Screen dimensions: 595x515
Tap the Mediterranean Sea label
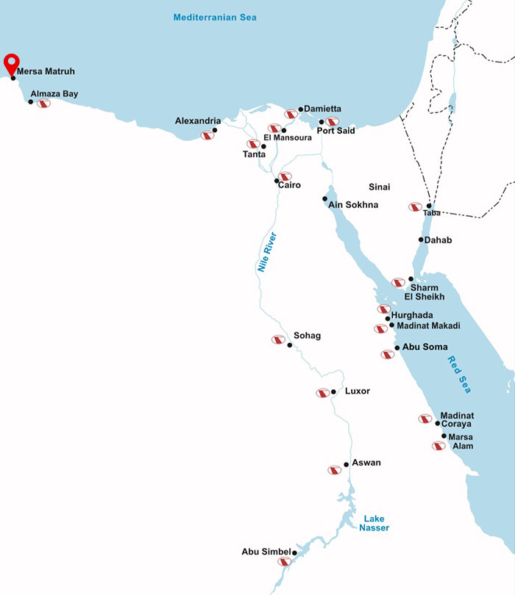215,17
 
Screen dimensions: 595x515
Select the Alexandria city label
197,120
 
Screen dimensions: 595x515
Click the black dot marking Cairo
277,180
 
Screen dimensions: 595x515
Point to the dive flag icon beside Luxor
322,393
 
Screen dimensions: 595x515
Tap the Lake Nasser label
375,523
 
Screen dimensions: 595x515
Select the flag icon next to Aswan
335,469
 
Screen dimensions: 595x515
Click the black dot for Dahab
421,239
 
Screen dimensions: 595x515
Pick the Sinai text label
379,187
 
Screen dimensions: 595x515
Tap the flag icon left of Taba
415,207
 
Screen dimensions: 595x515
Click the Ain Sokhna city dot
325,198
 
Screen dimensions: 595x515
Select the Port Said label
335,131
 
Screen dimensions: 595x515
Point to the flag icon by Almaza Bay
43,104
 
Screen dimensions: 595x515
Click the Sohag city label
307,335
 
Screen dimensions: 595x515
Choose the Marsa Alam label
461,441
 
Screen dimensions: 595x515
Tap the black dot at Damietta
301,109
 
